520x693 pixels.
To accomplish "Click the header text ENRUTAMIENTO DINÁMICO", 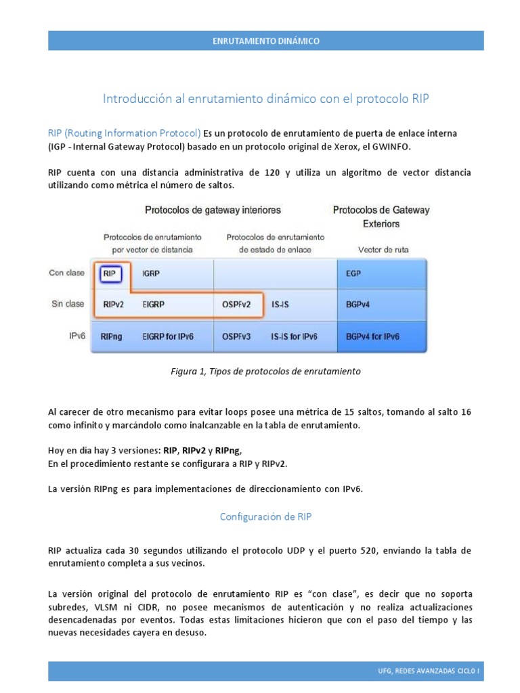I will coord(265,41).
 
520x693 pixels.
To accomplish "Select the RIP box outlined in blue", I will coord(110,274).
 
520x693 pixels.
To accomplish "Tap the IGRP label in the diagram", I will coord(152,274).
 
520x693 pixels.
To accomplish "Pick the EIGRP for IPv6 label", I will coord(168,336).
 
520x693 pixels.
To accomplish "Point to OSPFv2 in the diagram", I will coord(237,305).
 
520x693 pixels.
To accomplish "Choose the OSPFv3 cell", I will coord(237,336).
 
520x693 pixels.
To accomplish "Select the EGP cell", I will coord(353,274).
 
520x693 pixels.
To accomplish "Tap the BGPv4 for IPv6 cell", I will coord(372,336).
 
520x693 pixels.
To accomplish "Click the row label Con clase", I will coord(67,273).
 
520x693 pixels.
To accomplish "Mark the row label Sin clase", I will coord(68,304).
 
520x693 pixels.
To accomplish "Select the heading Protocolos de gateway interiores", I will coord(213,210).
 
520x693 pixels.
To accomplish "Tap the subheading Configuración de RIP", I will coord(265,516).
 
